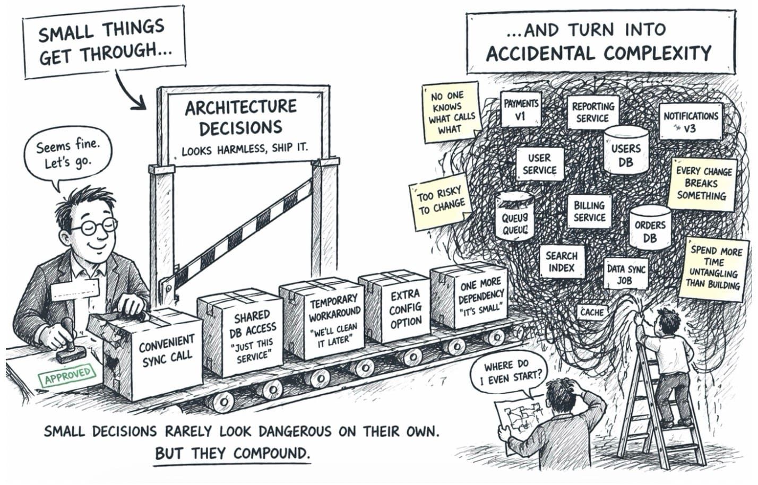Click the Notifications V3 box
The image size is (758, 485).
[690, 121]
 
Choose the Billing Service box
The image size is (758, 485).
[589, 211]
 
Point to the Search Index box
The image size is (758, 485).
[561, 262]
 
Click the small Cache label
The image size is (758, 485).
[591, 312]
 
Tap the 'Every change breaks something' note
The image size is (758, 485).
[704, 183]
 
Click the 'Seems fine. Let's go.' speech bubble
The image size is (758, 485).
[68, 154]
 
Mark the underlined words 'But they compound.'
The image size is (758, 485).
[231, 454]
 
